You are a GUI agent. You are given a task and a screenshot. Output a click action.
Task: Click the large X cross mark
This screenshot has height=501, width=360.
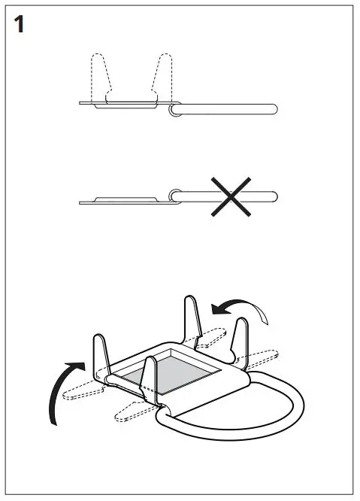231,198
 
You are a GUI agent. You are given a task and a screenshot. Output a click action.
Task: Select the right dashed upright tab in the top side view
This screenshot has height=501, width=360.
165,76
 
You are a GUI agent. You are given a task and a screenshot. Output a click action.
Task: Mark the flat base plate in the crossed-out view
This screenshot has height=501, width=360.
124,200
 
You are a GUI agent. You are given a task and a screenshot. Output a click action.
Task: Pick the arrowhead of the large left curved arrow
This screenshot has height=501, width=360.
73,366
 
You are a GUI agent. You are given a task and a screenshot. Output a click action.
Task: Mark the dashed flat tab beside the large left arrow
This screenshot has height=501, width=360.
83,392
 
